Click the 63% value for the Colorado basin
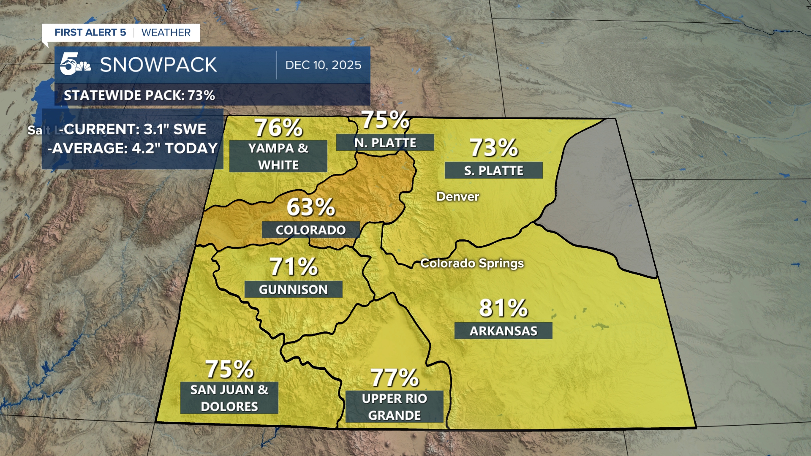click(x=311, y=207)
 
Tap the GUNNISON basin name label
click(x=293, y=290)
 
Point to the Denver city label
click(x=457, y=197)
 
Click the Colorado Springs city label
click(x=472, y=263)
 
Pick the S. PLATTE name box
click(x=493, y=171)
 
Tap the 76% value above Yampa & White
click(x=278, y=128)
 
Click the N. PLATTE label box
click(x=385, y=143)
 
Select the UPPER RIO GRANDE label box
click(x=394, y=407)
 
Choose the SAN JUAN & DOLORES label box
click(x=229, y=398)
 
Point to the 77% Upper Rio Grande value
click(x=395, y=377)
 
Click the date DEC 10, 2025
click(x=323, y=65)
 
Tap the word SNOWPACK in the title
click(x=158, y=65)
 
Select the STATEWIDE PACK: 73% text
click(x=139, y=95)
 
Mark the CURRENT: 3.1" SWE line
click(x=133, y=129)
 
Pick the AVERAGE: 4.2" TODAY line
click(x=133, y=148)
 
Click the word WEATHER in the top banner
click(x=166, y=33)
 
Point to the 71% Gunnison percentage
click(x=294, y=267)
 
